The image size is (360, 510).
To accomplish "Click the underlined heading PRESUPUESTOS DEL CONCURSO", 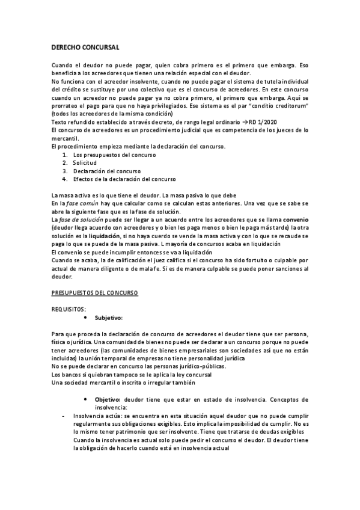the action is click(x=94, y=292).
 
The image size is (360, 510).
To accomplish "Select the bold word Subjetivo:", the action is click(x=108, y=318).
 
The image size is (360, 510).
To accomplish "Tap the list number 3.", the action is click(x=64, y=171).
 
